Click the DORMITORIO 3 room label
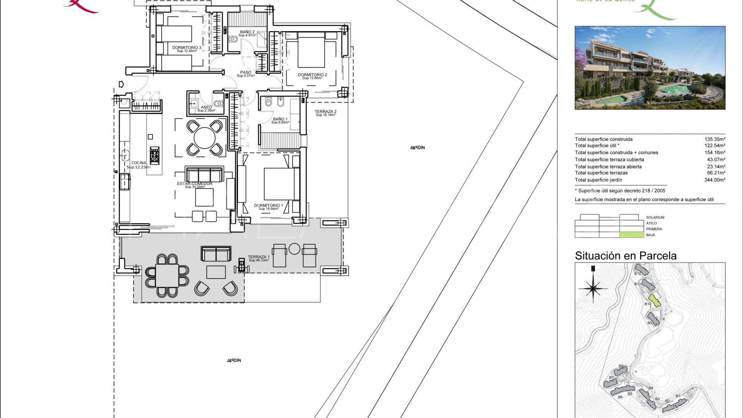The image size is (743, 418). pos(187,48)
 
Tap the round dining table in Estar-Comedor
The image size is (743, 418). pos(204,138)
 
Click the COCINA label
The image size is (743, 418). pos(139,163)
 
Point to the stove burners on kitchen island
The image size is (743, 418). pos(154,154)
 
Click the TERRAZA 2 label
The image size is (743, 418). pos(325,112)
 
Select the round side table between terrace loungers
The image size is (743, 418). pos(294,249)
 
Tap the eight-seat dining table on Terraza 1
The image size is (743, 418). pos(167,276)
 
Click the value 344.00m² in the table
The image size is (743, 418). pos(714,180)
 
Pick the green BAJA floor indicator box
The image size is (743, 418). pos(629,235)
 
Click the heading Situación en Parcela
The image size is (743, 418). pos(625,256)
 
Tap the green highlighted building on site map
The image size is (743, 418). pos(654,301)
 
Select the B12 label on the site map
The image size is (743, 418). pos(637,274)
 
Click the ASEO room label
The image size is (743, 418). pos(206,107)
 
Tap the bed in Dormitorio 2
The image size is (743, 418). pos(311,52)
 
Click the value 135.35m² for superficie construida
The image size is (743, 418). pos(714,139)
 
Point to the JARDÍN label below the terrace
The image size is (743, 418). pos(234,360)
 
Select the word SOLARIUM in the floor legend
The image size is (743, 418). pos(655,218)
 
